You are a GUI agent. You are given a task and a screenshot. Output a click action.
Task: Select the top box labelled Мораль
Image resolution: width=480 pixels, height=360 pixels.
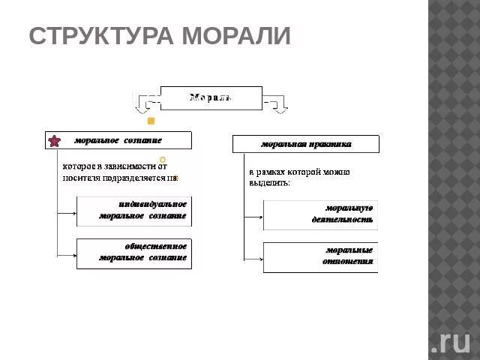[211, 97]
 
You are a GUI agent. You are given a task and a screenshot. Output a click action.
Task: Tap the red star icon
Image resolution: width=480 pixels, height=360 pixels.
[55, 141]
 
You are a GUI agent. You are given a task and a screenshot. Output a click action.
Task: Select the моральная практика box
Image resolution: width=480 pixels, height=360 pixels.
[306, 143]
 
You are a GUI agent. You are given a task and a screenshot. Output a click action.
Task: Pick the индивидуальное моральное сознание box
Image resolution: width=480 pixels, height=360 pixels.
[134, 210]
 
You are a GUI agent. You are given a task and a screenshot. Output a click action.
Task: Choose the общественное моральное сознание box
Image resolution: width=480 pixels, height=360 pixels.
[134, 252]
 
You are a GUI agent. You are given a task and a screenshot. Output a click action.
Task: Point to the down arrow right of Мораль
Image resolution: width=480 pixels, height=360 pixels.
[280, 106]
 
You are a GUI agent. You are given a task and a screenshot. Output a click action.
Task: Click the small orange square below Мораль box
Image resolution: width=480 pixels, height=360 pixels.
[151, 121]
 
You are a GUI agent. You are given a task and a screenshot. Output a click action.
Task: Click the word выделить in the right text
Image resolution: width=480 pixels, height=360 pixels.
[269, 182]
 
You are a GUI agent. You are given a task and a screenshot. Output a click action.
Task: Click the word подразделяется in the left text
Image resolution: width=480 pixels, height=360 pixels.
[132, 178]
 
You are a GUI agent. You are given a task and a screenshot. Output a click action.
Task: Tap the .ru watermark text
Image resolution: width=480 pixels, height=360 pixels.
[450, 340]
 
